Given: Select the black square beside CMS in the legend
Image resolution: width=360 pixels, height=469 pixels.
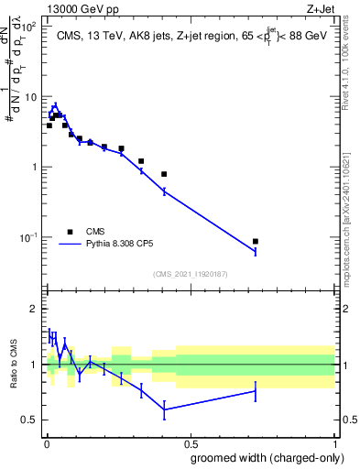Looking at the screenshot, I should tap(71, 232).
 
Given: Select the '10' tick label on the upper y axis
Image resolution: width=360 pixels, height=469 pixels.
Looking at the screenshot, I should tap(30, 96).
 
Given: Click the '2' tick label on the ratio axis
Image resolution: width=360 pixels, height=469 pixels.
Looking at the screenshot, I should tap(34, 309).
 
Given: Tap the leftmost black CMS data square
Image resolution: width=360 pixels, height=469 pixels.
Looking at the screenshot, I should tap(49, 125).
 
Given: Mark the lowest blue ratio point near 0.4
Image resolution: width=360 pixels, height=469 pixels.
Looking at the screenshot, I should tap(164, 409).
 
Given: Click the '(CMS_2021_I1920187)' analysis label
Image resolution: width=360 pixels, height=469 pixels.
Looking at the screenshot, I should tap(190, 273).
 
